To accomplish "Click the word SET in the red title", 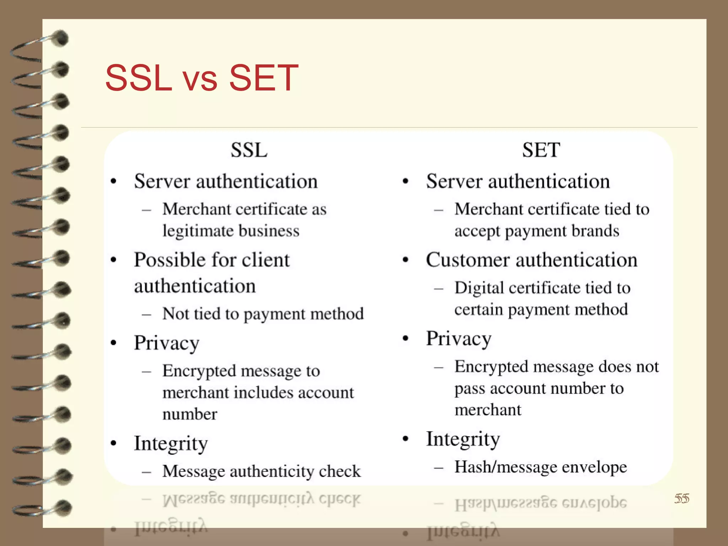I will [x=263, y=77].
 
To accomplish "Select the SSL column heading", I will [x=249, y=150].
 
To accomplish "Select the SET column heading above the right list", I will [x=541, y=150].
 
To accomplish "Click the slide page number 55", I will [x=681, y=498].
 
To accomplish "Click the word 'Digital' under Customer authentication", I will [x=479, y=288].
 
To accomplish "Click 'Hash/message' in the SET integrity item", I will [x=505, y=467].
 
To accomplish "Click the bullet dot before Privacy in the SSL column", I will [x=113, y=343].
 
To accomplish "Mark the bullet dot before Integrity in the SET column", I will [x=406, y=439].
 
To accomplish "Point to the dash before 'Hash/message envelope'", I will [x=439, y=468].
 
